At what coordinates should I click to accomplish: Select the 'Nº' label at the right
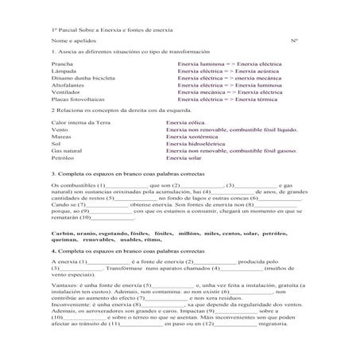[x=295, y=39]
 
